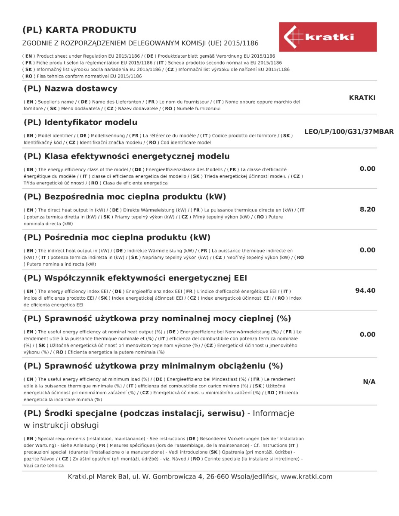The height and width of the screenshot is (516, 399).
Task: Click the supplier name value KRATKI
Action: point(362,98)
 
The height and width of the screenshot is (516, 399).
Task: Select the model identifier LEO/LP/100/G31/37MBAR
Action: point(349,132)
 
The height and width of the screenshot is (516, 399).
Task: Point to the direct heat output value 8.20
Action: point(367,209)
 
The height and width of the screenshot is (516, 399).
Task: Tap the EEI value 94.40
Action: point(365,291)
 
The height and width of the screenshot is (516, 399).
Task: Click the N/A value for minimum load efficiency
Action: point(369,382)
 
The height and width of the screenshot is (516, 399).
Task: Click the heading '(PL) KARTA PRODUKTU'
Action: point(79,30)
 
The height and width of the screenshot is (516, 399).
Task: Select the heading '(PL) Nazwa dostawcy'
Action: point(70,89)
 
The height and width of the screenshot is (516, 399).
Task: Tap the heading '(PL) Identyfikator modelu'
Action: point(80,122)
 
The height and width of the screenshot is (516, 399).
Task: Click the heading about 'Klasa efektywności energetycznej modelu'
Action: point(126,156)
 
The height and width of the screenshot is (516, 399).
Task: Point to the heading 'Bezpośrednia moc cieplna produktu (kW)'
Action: point(124,197)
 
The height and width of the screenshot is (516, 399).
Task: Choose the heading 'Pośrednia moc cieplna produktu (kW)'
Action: point(117,237)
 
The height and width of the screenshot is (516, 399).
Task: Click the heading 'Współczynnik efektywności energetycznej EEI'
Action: point(135,278)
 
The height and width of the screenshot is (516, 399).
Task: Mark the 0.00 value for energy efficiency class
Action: point(367,169)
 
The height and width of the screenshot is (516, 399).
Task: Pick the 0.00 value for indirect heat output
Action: point(367,250)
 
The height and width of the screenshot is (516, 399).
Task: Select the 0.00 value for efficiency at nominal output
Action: point(367,335)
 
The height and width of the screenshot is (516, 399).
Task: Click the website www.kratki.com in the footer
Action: point(306,476)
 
